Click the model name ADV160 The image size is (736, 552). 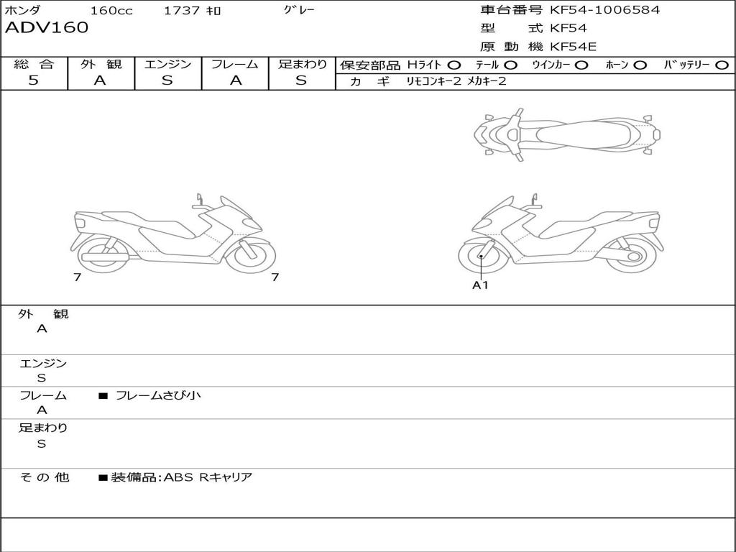(x=47, y=28)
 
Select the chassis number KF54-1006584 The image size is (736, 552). (x=604, y=10)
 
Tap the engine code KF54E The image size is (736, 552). (x=573, y=47)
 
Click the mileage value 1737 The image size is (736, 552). (x=182, y=10)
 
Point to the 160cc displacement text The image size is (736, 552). (x=111, y=10)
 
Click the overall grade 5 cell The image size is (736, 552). (x=33, y=80)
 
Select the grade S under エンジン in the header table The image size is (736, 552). (x=167, y=80)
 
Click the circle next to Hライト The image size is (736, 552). (x=454, y=65)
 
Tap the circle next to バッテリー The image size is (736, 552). (x=722, y=65)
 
